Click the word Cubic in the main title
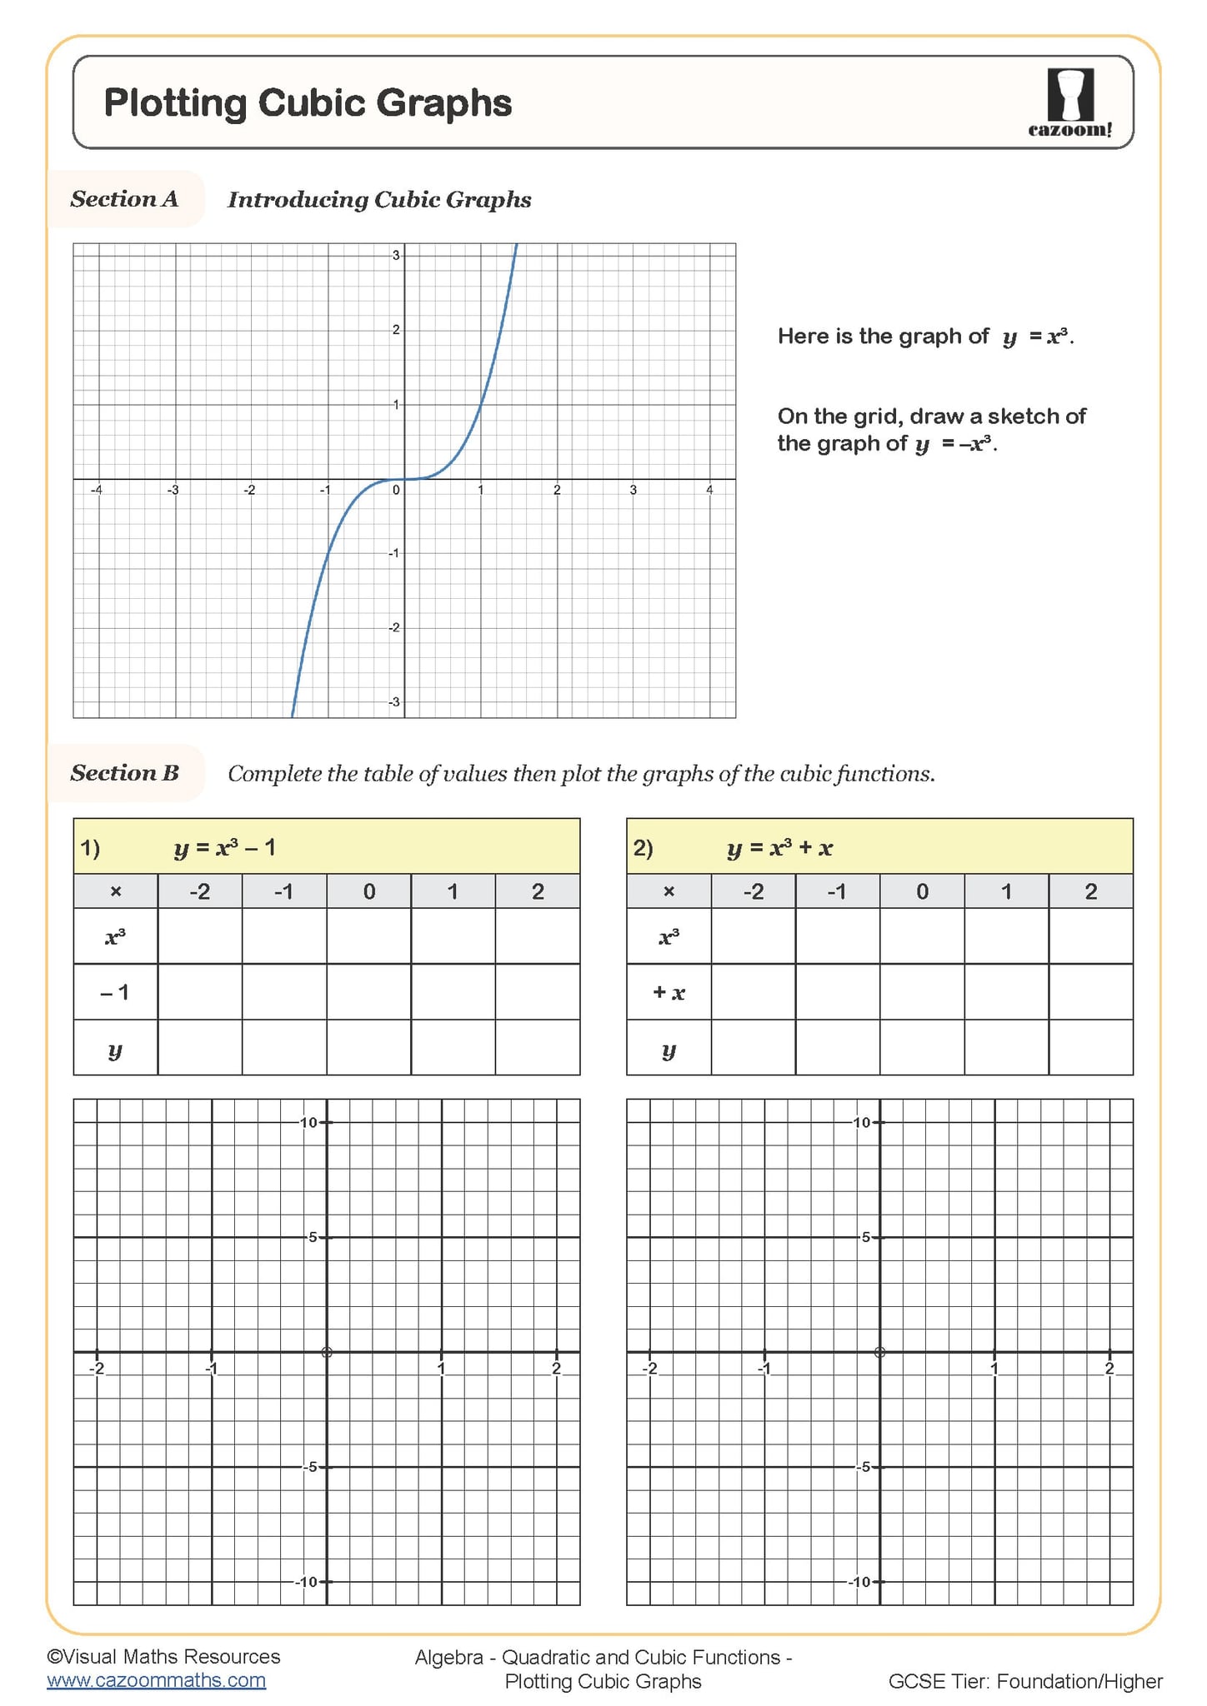pos(312,103)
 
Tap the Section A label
pos(124,199)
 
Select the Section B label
pos(124,773)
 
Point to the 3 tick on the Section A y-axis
pos(397,256)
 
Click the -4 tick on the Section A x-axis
pos(97,491)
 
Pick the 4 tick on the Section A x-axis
pos(709,491)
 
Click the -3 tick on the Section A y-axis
pos(395,702)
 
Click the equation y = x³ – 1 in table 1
pos(225,848)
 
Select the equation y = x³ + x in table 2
pos(779,848)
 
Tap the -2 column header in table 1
pos(200,892)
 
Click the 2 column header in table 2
pos(1090,892)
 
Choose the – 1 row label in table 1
pos(115,992)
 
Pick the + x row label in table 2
pos(669,992)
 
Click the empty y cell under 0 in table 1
pos(368,1048)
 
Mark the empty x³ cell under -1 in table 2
pos(837,936)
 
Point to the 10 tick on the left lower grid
pos(309,1123)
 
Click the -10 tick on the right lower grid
pos(860,1582)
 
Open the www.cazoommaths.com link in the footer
pos(156,1680)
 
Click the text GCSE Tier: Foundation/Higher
pos(1024,1681)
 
